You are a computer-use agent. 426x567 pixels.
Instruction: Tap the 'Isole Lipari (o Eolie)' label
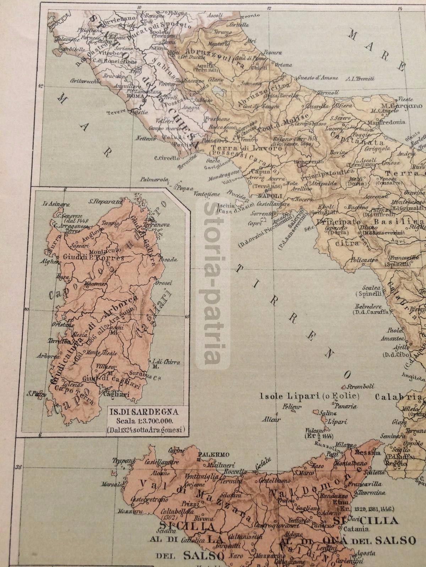click(310, 395)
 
